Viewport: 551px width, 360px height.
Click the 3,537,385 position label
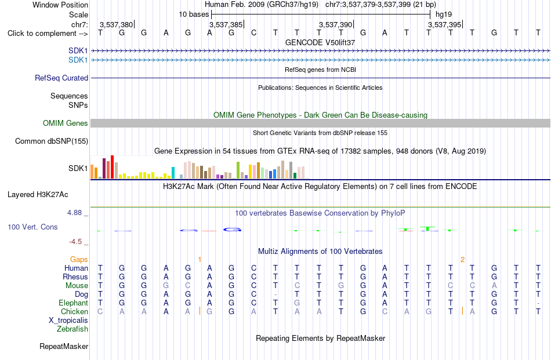point(226,24)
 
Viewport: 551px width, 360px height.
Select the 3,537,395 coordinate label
point(444,24)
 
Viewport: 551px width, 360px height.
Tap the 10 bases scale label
point(194,14)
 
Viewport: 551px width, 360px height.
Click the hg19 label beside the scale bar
point(444,14)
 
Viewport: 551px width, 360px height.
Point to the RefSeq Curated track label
point(61,78)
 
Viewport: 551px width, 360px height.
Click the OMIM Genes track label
point(66,123)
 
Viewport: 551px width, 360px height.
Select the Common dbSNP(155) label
point(52,141)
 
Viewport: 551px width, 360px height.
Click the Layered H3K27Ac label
point(38,195)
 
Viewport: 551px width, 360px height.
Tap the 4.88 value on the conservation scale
point(74,213)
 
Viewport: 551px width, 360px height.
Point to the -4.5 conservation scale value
point(75,242)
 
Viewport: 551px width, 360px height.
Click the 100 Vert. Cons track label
point(32,227)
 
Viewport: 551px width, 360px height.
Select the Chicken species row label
point(74,311)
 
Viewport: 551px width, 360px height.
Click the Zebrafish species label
point(72,329)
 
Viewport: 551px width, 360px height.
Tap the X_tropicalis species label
point(68,321)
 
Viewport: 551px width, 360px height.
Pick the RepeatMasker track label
point(64,346)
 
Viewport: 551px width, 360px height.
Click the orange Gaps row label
point(79,259)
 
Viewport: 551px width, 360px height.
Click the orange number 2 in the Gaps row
point(462,260)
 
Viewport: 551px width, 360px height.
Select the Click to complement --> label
point(48,34)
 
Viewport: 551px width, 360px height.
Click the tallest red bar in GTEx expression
point(112,167)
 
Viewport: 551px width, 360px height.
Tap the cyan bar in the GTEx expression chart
point(173,173)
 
